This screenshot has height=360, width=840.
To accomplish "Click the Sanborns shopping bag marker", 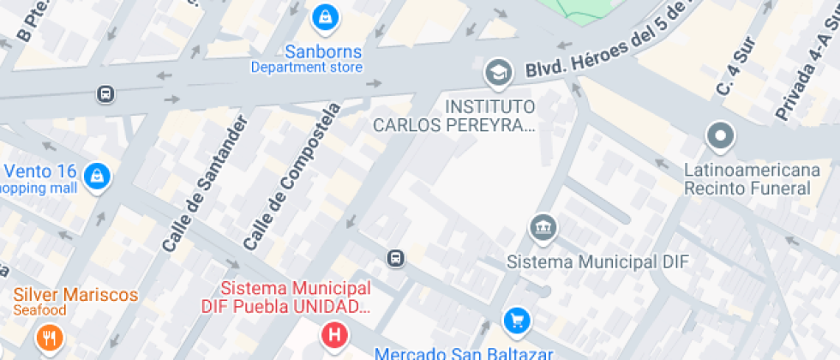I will [x=325, y=15].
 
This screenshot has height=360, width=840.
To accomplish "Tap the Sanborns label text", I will [x=307, y=51].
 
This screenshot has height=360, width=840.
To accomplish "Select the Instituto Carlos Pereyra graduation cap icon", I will [x=497, y=73].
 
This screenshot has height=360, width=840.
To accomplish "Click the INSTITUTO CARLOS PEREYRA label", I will [x=454, y=116].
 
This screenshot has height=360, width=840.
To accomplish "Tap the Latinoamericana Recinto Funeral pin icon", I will [x=721, y=135].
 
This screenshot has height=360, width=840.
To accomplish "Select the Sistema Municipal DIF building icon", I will [x=543, y=228].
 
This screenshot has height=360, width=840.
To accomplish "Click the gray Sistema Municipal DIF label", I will [x=597, y=261].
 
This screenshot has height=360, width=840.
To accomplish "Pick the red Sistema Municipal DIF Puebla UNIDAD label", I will [x=286, y=297].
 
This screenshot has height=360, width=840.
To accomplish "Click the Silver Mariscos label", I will [x=75, y=295].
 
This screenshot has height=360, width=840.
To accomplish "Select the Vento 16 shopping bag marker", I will [x=99, y=177].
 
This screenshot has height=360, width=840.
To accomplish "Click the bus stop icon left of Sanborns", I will [x=105, y=93].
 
